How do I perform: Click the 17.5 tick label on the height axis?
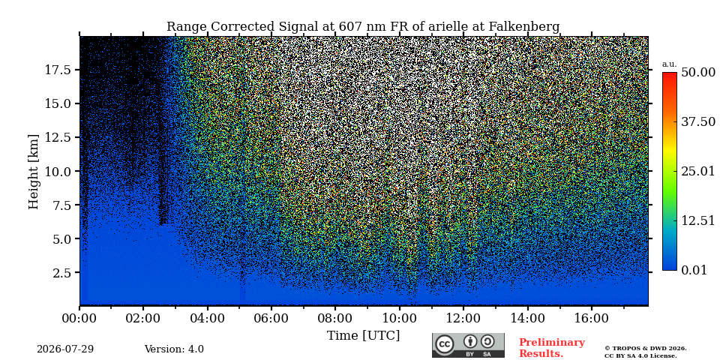pos(58,70)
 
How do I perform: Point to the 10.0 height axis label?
pos(58,171)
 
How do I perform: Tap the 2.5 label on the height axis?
pos(61,273)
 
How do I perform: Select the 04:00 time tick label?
pos(207,319)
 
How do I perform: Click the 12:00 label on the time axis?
pos(463,319)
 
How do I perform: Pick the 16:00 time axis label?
pos(590,319)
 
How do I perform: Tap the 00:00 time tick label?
pos(79,319)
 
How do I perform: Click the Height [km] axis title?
pos(34,172)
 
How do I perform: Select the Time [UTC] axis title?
pos(363,336)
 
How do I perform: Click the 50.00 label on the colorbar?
pos(698,73)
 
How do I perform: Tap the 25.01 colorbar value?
pos(698,172)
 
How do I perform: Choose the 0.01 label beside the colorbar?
pos(694,270)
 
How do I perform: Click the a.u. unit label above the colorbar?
pos(670,64)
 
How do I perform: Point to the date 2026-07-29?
pos(65,349)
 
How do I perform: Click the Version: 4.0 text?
pos(174,349)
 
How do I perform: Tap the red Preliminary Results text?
pos(552,347)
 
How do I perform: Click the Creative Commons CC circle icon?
pos(445,345)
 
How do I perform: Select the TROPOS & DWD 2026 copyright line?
pos(646,349)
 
